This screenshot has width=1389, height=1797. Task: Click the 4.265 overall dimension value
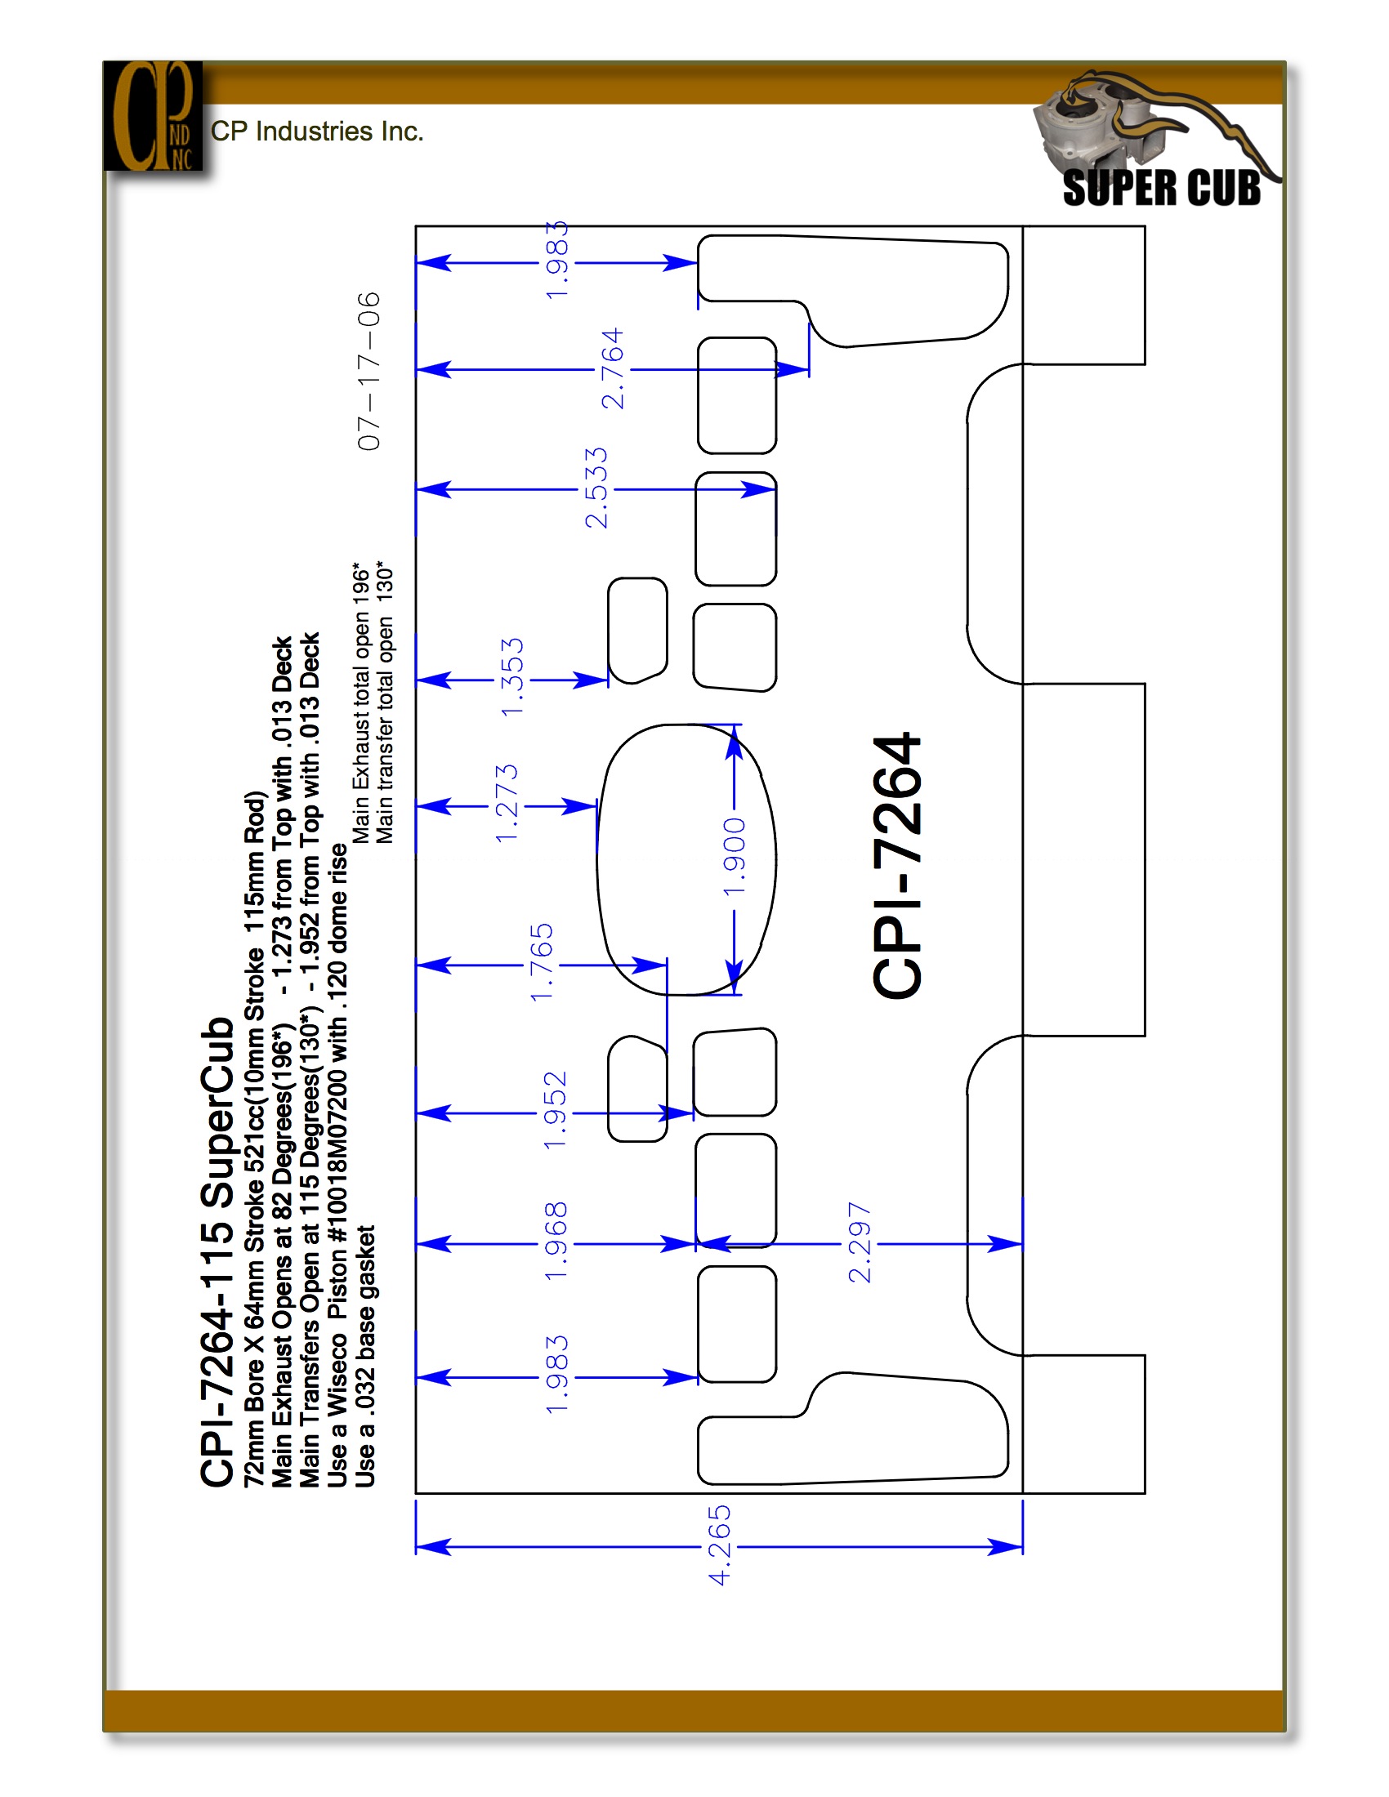pyautogui.click(x=719, y=1545)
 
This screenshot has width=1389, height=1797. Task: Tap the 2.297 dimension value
pyautogui.click(x=859, y=1243)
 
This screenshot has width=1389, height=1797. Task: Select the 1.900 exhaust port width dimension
pyautogui.click(x=734, y=858)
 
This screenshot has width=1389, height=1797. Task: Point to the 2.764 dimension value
pyautogui.click(x=613, y=369)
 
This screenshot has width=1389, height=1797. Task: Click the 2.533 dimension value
pyautogui.click(x=596, y=488)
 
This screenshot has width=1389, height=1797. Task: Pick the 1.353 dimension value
pyautogui.click(x=511, y=677)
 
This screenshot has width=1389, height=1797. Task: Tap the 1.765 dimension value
pyautogui.click(x=542, y=962)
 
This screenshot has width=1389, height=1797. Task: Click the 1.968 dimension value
pyautogui.click(x=556, y=1242)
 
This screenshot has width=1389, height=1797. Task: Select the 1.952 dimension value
pyautogui.click(x=556, y=1110)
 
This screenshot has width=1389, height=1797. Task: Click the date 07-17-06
pyautogui.click(x=369, y=371)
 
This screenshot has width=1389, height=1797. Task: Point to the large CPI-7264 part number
pyautogui.click(x=898, y=866)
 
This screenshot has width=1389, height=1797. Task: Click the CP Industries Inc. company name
pyautogui.click(x=317, y=132)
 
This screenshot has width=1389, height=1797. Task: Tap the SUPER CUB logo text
pyautogui.click(x=1161, y=188)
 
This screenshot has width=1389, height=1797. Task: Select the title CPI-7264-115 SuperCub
pyautogui.click(x=217, y=1251)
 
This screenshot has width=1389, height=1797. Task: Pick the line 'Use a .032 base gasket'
pyautogui.click(x=364, y=1356)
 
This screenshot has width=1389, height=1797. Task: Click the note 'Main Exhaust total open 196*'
pyautogui.click(x=361, y=702)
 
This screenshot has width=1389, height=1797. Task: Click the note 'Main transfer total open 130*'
pyautogui.click(x=385, y=702)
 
